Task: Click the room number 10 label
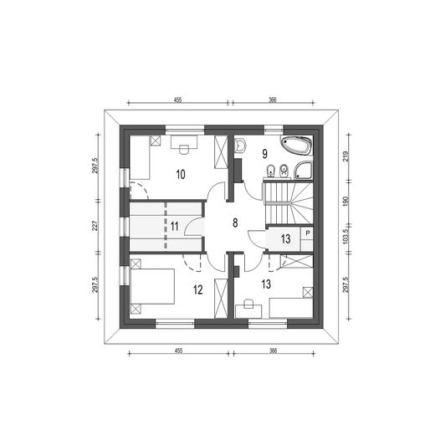click(x=181, y=175)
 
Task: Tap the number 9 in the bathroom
click(x=264, y=154)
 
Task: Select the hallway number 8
click(x=235, y=223)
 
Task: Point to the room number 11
click(x=174, y=227)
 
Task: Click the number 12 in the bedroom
click(x=197, y=290)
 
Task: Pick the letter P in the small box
click(x=308, y=233)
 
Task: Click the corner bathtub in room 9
click(x=296, y=145)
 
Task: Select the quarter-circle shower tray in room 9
click(x=304, y=170)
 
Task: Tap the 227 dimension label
click(x=95, y=226)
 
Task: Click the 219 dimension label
click(x=345, y=156)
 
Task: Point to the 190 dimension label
click(x=345, y=202)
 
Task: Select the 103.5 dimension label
click(x=345, y=237)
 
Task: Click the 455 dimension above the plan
click(x=177, y=100)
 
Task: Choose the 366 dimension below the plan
click(x=274, y=351)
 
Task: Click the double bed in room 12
click(x=152, y=286)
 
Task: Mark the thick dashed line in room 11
click(x=166, y=225)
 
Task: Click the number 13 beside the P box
click(x=285, y=239)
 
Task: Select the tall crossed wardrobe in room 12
click(x=221, y=298)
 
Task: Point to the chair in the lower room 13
click(x=248, y=304)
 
